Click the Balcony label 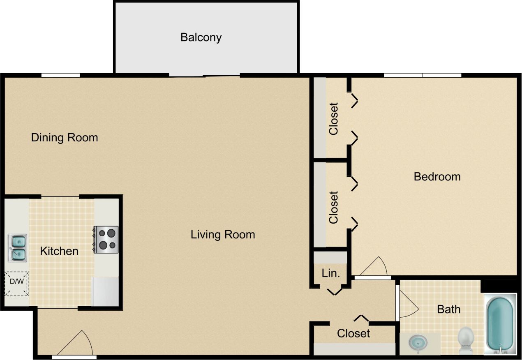(201, 37)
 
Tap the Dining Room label (65, 137)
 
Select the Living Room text (223, 235)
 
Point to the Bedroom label (437, 177)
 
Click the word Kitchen (59, 251)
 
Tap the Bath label (448, 309)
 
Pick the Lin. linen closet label (330, 273)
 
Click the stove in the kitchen (106, 240)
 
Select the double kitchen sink (18, 248)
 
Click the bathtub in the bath (500, 323)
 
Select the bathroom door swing (407, 302)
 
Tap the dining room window (60, 75)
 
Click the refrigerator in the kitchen (105, 291)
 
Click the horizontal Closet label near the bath (353, 333)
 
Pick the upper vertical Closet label (333, 118)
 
